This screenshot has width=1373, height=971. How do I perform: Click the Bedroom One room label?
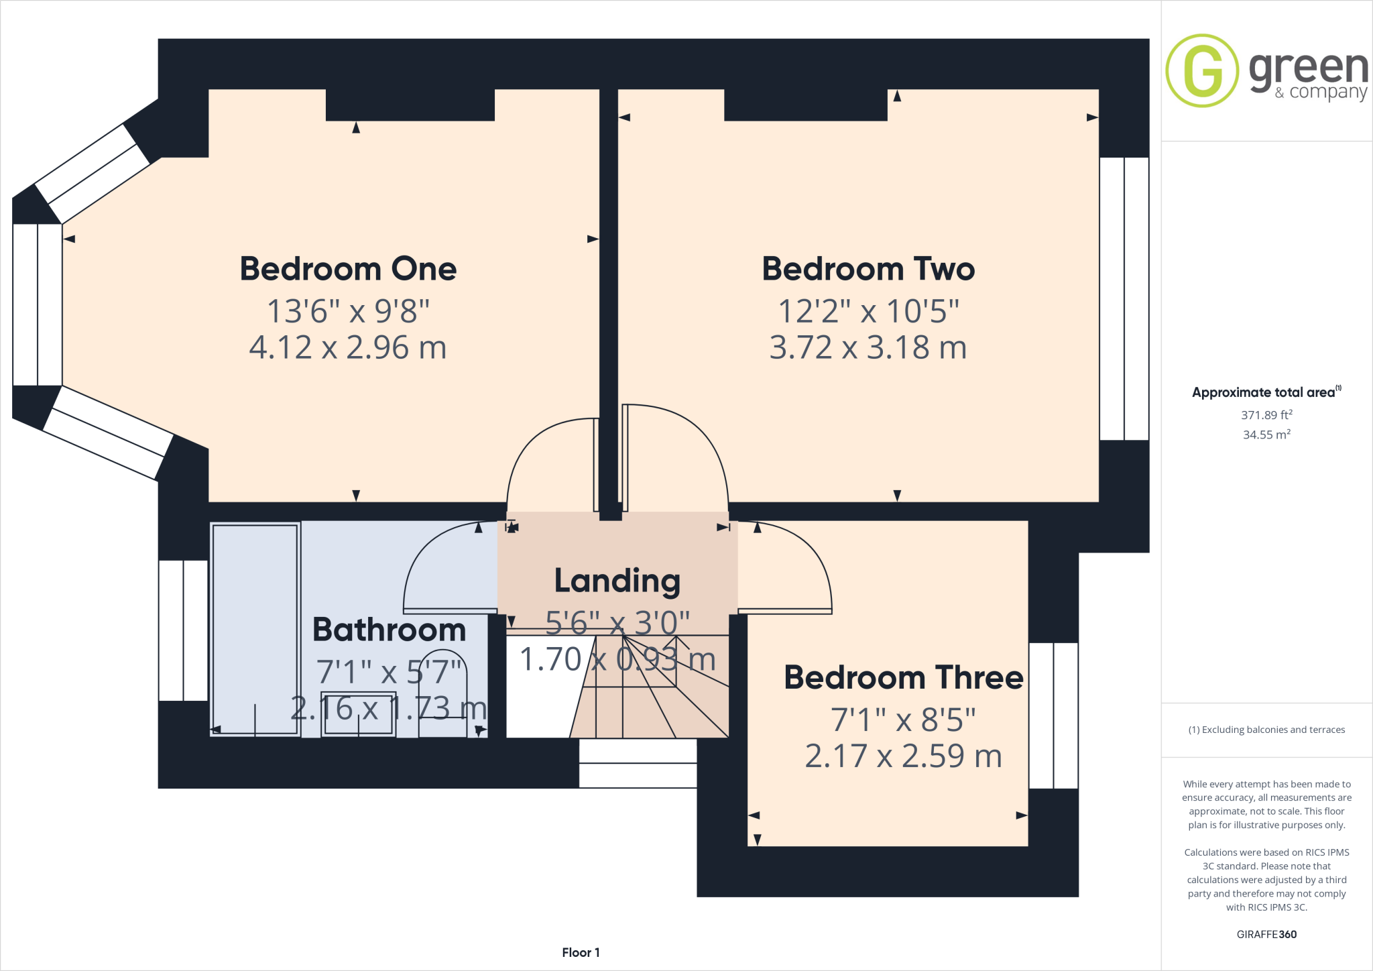[x=348, y=269]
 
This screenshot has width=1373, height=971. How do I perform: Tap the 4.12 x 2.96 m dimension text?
[x=348, y=347]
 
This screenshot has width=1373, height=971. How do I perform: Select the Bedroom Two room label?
[x=868, y=269]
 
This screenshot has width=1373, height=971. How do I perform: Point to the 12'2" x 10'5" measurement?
[x=868, y=311]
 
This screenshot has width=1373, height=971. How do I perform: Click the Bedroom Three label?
[x=903, y=677]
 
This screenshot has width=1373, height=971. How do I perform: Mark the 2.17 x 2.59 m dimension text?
[x=903, y=756]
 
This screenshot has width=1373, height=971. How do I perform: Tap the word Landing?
[x=617, y=581]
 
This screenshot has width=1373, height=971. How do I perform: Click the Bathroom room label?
[x=389, y=630]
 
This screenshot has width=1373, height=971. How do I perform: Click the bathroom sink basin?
[x=358, y=713]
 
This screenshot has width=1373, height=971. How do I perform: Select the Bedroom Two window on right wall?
[x=1124, y=298]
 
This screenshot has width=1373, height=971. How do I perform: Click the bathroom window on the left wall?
[x=183, y=630]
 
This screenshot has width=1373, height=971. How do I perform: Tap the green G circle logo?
[x=1202, y=70]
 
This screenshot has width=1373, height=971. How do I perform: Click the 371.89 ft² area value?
[x=1266, y=415]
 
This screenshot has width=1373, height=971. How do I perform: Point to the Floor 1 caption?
[x=581, y=952]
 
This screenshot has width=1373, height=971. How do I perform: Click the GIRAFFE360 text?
[x=1266, y=934]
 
